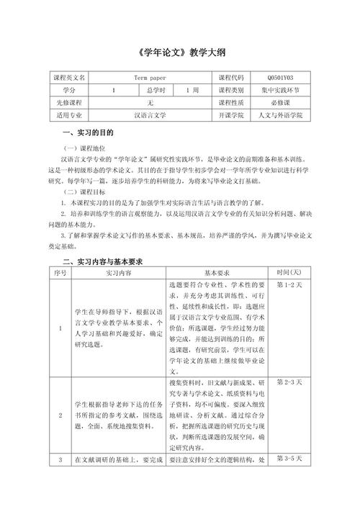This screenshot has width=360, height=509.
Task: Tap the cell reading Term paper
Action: coord(150,78)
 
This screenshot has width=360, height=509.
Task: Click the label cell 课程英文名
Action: coord(68,78)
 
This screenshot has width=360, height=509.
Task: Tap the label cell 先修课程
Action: coord(68,102)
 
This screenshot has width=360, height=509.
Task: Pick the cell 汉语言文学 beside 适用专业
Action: coord(150,114)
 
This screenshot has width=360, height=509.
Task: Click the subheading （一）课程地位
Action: coord(84,147)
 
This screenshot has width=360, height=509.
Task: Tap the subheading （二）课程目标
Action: coord(84,193)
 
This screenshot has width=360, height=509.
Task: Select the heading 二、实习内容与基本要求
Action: coord(106,262)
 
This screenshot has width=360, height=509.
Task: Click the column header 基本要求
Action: coord(216,274)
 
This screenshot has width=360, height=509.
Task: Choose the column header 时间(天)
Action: coord(289,274)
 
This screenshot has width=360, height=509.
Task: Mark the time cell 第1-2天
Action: coord(288,286)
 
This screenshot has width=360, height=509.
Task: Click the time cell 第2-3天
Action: coord(288,381)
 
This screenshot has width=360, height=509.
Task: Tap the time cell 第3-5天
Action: coord(288,458)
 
